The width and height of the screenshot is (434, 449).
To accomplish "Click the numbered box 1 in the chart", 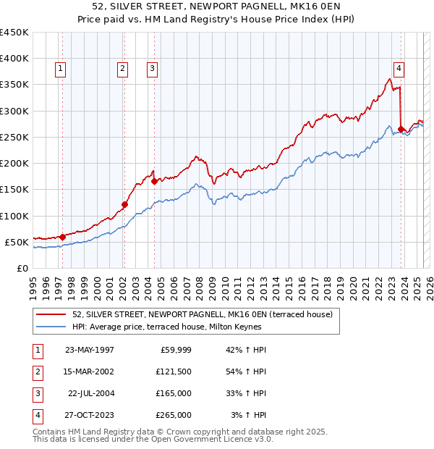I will pos(59,69).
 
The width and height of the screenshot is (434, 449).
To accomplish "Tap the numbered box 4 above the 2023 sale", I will pos(399,69).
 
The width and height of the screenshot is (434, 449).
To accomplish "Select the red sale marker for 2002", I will pos(124,204).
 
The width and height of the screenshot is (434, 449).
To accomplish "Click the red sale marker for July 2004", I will pos(154,182).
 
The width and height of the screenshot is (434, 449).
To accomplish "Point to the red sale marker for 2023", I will pos(401,129).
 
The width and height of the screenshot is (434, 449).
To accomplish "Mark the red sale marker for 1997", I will pos(62,236).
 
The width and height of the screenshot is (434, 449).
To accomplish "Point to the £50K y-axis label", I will pos(17,242).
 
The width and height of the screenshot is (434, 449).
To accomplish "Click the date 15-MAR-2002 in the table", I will pos(89,372).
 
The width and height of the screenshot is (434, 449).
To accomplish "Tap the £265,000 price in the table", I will pos(174,415).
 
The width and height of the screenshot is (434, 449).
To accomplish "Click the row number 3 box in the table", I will pos(37,393).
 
